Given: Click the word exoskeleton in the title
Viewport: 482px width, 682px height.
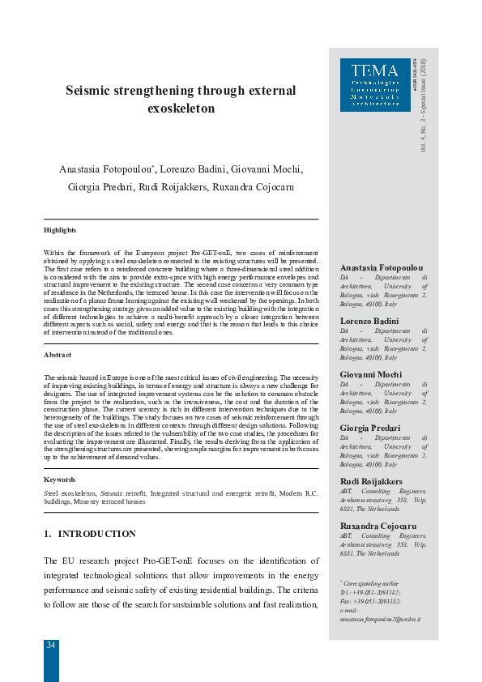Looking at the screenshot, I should (182, 108).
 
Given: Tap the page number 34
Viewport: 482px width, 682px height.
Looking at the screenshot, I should (51, 645).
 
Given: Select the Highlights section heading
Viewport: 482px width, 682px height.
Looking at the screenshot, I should (60, 230).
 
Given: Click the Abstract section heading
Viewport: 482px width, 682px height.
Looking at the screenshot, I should (58, 355).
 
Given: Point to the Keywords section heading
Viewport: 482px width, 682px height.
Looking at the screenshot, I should (60, 480).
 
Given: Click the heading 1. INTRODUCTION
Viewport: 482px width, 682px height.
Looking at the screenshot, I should (90, 534).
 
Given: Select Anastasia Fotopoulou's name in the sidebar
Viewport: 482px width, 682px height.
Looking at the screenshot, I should (382, 267).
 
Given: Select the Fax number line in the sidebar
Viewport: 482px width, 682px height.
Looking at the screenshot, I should (371, 601).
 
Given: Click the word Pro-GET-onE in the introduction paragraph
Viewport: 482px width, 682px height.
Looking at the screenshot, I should (194, 561).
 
